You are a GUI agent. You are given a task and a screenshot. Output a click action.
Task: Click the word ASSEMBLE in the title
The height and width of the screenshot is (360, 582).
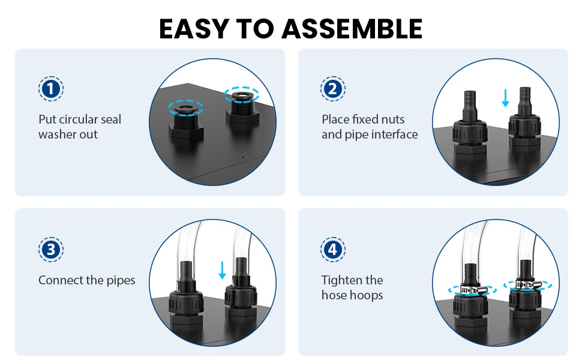(352, 29)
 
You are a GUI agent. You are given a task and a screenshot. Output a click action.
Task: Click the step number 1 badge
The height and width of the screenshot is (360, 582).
(51, 89)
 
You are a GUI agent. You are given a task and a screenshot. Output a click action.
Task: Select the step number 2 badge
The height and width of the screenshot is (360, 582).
(333, 89)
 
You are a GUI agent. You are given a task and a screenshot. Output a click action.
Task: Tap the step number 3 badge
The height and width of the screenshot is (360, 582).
(51, 250)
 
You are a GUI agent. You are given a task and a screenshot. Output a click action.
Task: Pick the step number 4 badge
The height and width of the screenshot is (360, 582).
(333, 250)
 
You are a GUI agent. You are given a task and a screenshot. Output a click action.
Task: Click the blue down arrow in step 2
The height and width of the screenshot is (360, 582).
(505, 98)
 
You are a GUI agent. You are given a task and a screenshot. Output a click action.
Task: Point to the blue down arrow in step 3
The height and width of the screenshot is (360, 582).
(223, 270)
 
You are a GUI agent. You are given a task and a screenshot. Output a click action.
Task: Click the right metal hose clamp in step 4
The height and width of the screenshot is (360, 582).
(526, 285)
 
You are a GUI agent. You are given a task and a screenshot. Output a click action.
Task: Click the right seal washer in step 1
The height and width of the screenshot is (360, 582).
(242, 95)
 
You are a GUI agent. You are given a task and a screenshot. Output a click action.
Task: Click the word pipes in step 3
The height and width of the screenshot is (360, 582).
(121, 281)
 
